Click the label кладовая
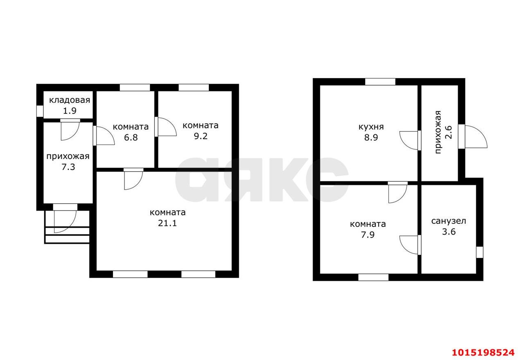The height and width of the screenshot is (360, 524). [x=70, y=100]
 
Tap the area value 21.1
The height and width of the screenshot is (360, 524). [x=167, y=223]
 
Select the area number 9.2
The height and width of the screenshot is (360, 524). [x=201, y=136]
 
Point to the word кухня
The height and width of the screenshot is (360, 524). [x=371, y=127]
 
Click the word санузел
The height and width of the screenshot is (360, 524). [x=449, y=221]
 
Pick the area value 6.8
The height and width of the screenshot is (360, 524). [x=131, y=137]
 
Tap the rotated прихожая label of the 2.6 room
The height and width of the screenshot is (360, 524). [x=438, y=132]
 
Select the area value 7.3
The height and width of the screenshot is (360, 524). [x=68, y=167]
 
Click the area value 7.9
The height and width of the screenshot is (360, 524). [x=368, y=235]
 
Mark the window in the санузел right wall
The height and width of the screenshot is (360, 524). [x=479, y=252]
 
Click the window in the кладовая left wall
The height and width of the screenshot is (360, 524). [x=40, y=111]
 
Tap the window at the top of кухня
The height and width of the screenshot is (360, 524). [x=380, y=82]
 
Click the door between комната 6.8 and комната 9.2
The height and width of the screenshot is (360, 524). [x=165, y=127]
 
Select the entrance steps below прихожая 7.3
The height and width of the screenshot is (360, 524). [x=67, y=227]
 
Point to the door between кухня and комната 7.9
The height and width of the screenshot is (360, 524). [x=398, y=192]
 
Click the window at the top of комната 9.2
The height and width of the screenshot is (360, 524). [x=194, y=88]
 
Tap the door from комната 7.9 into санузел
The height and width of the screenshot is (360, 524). [x=410, y=245]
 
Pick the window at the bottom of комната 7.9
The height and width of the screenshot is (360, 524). [x=373, y=277]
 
